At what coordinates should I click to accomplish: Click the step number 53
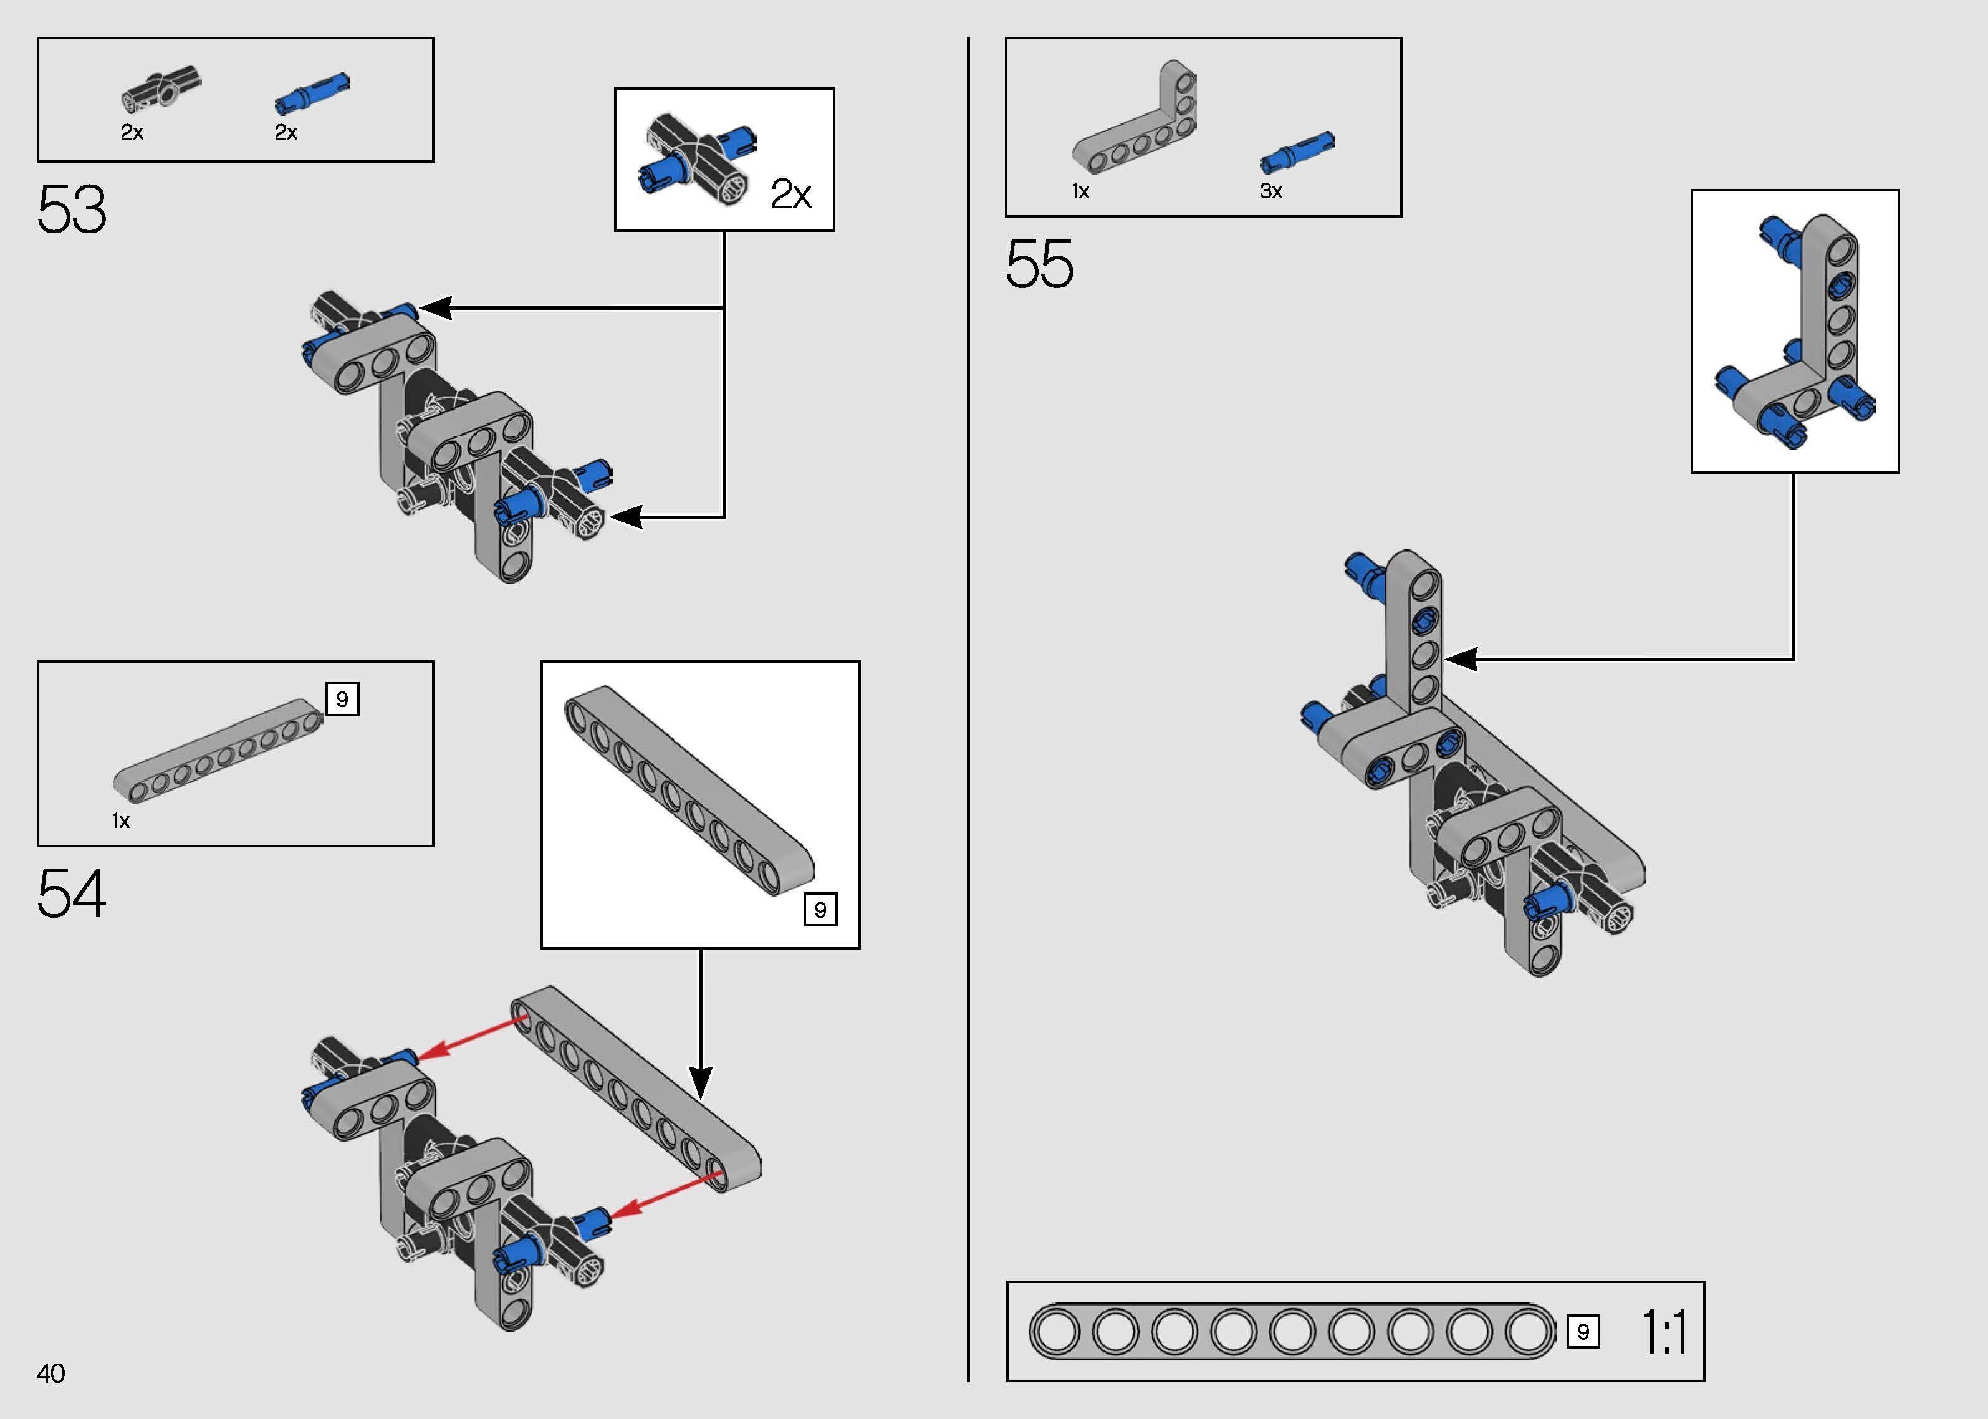click(72, 209)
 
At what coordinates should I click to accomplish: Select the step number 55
click(1039, 264)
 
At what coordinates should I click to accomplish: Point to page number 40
click(50, 1373)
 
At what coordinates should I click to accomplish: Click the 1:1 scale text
click(1665, 1332)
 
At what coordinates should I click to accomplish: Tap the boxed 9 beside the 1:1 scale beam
click(1583, 1332)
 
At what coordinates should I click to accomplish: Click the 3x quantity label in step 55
click(1271, 191)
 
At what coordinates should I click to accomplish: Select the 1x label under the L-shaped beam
click(1080, 191)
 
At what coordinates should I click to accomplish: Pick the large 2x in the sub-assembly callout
click(790, 194)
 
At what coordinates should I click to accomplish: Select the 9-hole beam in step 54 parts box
click(218, 751)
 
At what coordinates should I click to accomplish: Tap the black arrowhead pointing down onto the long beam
click(701, 1082)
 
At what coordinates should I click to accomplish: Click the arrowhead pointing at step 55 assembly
click(1461, 659)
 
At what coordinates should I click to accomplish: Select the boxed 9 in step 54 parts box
click(342, 699)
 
